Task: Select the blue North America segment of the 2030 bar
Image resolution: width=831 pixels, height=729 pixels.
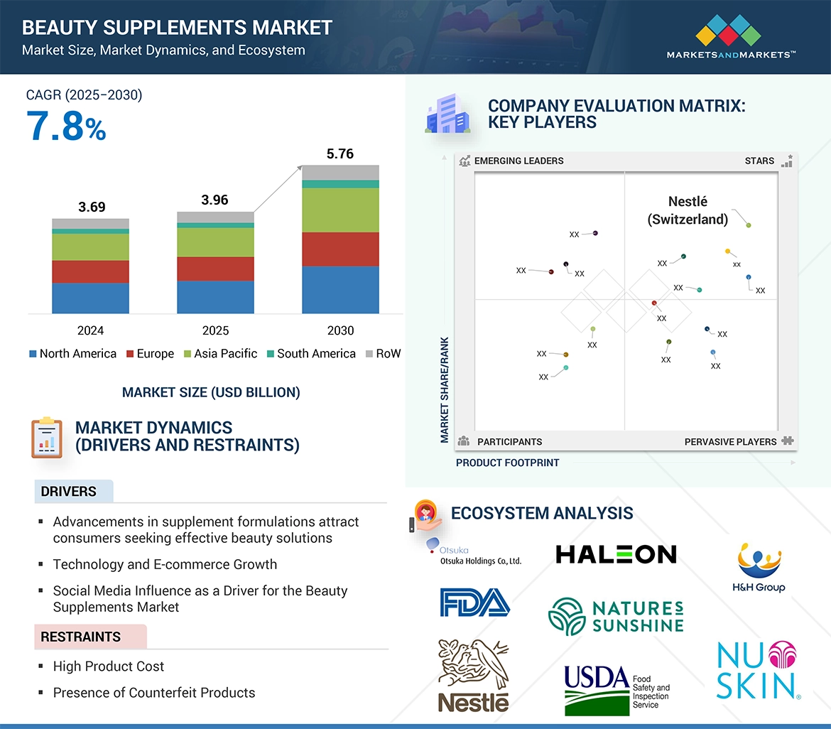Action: [x=340, y=290]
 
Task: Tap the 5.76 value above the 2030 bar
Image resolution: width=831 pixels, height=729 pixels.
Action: [x=340, y=154]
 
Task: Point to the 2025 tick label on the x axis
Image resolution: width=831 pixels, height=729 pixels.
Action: [x=215, y=330]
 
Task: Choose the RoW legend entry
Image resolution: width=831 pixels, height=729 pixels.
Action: [x=384, y=354]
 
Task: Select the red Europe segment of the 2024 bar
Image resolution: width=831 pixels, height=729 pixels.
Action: [x=90, y=271]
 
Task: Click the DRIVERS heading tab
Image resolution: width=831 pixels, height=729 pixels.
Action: [x=69, y=492]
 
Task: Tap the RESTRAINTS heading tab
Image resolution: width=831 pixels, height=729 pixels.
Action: [x=81, y=637]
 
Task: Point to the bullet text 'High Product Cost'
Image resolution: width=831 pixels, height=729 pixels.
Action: [x=108, y=666]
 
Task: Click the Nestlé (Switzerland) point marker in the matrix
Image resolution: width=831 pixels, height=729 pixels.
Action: [x=749, y=225]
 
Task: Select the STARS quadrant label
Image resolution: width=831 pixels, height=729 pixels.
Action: [x=759, y=161]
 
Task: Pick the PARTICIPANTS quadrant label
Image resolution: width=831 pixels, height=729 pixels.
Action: [x=509, y=442]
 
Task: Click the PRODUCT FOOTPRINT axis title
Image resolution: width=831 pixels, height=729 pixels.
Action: [x=507, y=463]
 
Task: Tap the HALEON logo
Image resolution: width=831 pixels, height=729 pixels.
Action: [x=616, y=554]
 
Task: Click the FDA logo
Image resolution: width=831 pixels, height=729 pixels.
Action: [x=474, y=602]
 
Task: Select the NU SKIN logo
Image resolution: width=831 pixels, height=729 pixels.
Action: [x=756, y=670]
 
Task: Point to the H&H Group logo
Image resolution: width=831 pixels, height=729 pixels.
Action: [x=759, y=568]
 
